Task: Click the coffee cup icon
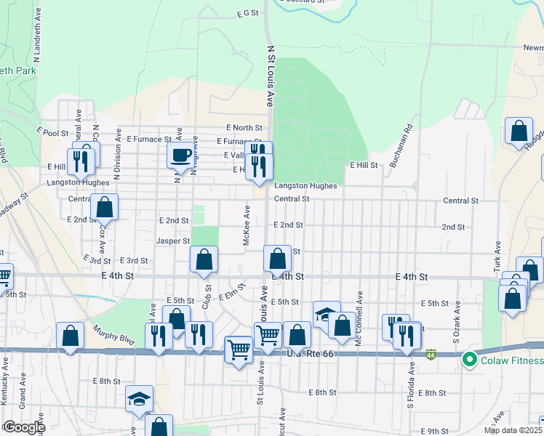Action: click(181, 154)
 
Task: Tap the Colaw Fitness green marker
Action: click(470, 360)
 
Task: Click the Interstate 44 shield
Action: click(431, 355)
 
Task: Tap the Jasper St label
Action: click(173, 241)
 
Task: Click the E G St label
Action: click(248, 13)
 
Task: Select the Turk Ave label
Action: click(498, 254)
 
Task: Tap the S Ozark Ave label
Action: click(457, 328)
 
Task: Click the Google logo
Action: click(23, 427)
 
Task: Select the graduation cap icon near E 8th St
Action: click(139, 398)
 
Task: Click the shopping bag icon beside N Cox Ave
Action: click(105, 207)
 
